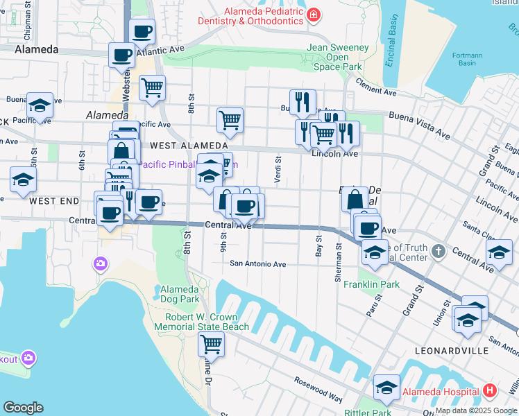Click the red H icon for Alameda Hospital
point(491,390)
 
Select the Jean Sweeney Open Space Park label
point(337,58)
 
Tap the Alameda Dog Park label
point(180,294)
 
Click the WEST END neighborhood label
point(54,200)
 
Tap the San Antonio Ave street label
point(258,263)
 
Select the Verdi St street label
point(278,166)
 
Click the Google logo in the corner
point(23,408)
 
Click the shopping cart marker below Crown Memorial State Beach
point(211,344)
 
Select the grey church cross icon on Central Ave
point(439,250)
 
